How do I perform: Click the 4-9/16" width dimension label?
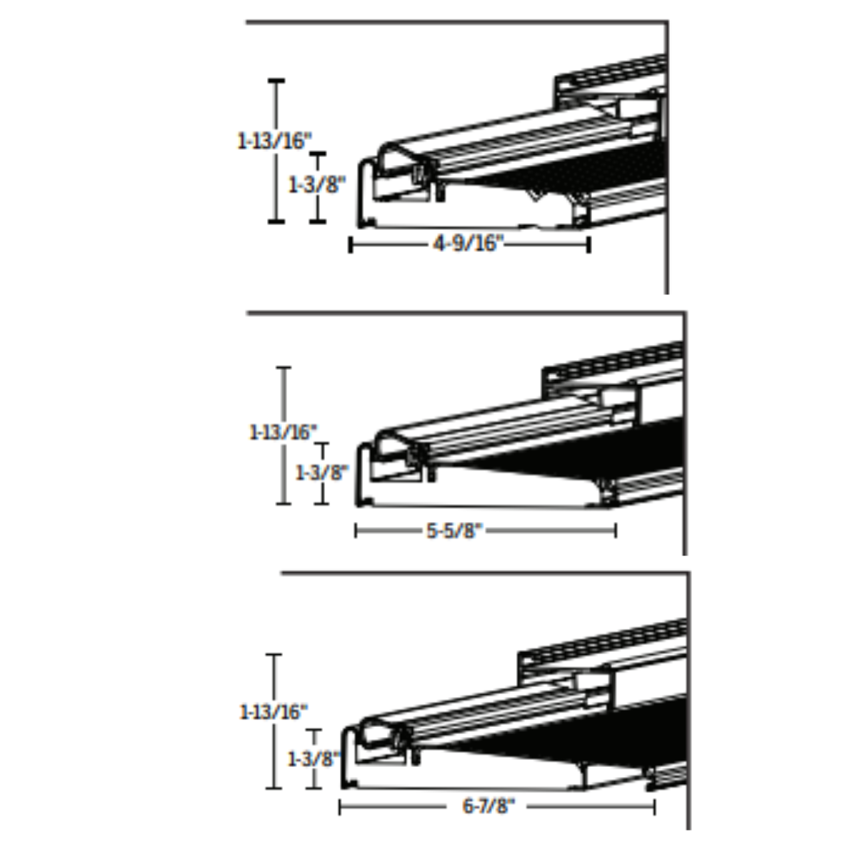click(468, 244)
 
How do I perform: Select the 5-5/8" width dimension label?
click(454, 531)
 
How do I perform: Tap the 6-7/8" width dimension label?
click(488, 806)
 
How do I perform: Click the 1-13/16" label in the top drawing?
click(274, 141)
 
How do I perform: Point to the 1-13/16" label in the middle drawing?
click(284, 432)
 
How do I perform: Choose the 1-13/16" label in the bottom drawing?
click(274, 712)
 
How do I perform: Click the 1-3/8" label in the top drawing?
click(316, 184)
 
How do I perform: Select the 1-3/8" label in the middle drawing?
click(322, 473)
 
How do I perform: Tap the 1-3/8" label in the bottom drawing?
click(314, 759)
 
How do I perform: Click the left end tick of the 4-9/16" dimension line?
click(351, 245)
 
